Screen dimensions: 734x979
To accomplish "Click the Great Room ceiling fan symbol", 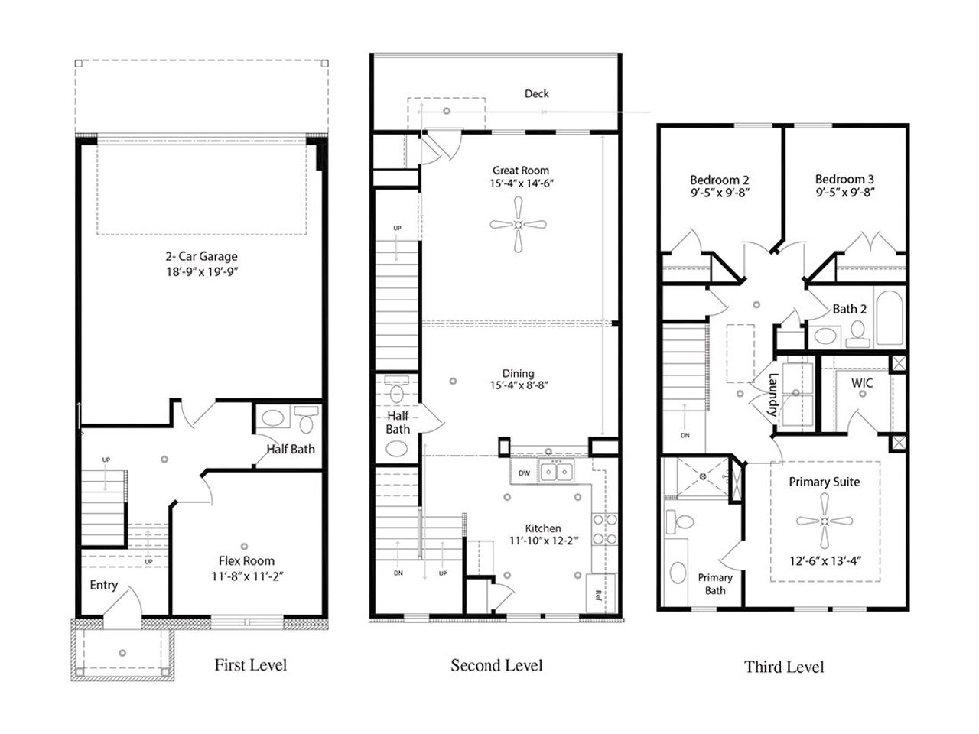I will [x=519, y=225].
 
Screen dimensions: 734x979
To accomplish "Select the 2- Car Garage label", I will [x=202, y=257].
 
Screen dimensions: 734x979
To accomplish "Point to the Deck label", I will [x=536, y=93].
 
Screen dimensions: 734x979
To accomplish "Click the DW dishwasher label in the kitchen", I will [x=524, y=473].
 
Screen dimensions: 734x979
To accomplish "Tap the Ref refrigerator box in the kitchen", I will [x=601, y=592].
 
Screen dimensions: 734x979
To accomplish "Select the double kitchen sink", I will [x=558, y=473].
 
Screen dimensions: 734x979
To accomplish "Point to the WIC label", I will [x=861, y=383].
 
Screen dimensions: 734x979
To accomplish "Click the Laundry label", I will [x=772, y=394].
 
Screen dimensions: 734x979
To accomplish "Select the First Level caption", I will [x=250, y=664].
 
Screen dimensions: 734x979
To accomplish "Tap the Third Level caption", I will [x=784, y=667].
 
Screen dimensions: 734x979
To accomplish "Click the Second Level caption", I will [x=496, y=664].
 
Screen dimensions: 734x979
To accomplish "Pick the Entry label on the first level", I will [x=104, y=585].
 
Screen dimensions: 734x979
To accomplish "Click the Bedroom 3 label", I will [x=844, y=179].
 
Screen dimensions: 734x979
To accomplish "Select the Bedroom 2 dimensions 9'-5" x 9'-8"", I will [x=719, y=193].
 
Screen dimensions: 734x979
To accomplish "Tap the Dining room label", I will [x=518, y=373].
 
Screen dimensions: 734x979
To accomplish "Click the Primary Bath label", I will [x=715, y=584].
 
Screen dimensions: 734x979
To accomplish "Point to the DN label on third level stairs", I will [x=685, y=435].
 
